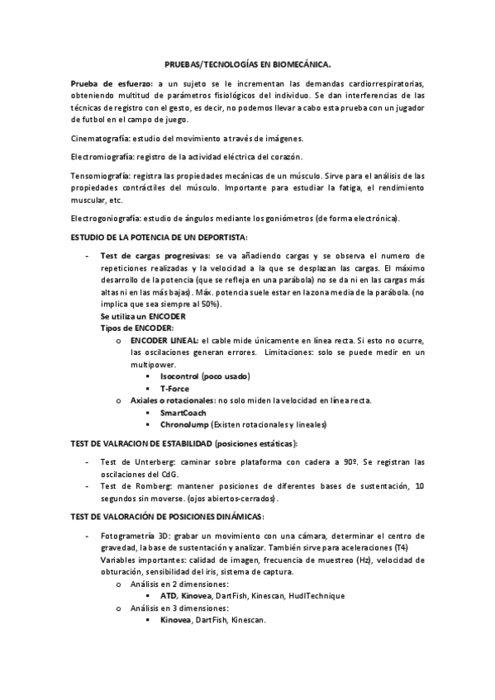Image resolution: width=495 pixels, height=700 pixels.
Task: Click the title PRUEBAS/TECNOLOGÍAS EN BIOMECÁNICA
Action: pos(247,63)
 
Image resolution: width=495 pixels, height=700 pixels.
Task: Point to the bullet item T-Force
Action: pos(174,388)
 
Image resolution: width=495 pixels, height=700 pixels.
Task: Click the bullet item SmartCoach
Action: pos(183,412)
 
